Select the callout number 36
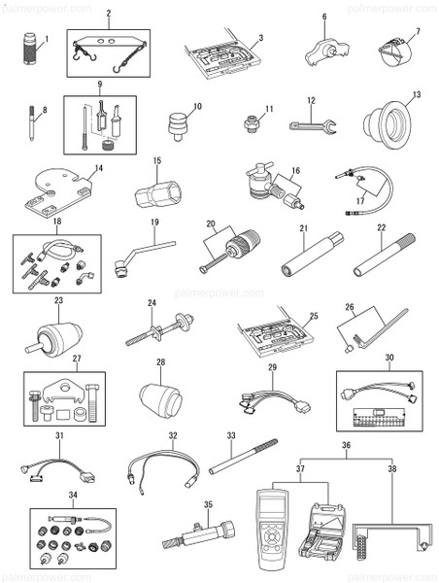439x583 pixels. (x=345, y=446)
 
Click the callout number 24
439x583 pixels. (x=151, y=303)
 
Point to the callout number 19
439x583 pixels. (x=154, y=223)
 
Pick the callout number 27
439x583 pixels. (x=49, y=358)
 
